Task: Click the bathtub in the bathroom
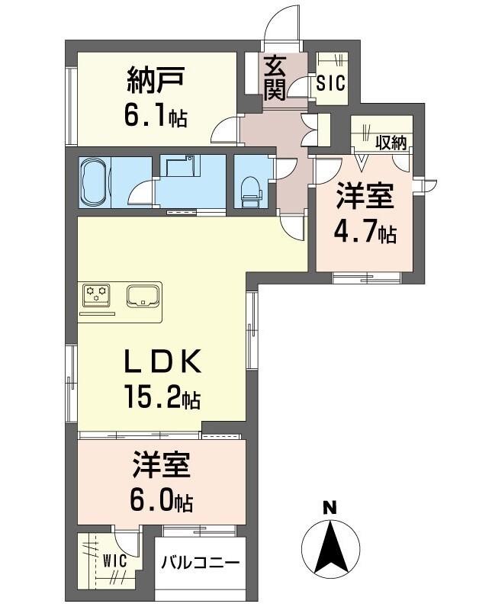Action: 95,181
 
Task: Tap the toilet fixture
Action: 250,191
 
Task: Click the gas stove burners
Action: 96,294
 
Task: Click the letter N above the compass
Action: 330,507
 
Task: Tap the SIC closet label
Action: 331,82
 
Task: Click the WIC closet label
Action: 114,561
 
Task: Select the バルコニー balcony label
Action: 201,563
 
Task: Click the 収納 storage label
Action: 391,143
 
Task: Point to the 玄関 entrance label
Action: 275,79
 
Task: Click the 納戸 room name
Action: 155,81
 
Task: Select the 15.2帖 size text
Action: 162,396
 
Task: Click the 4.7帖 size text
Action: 365,233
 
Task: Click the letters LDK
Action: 162,361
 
